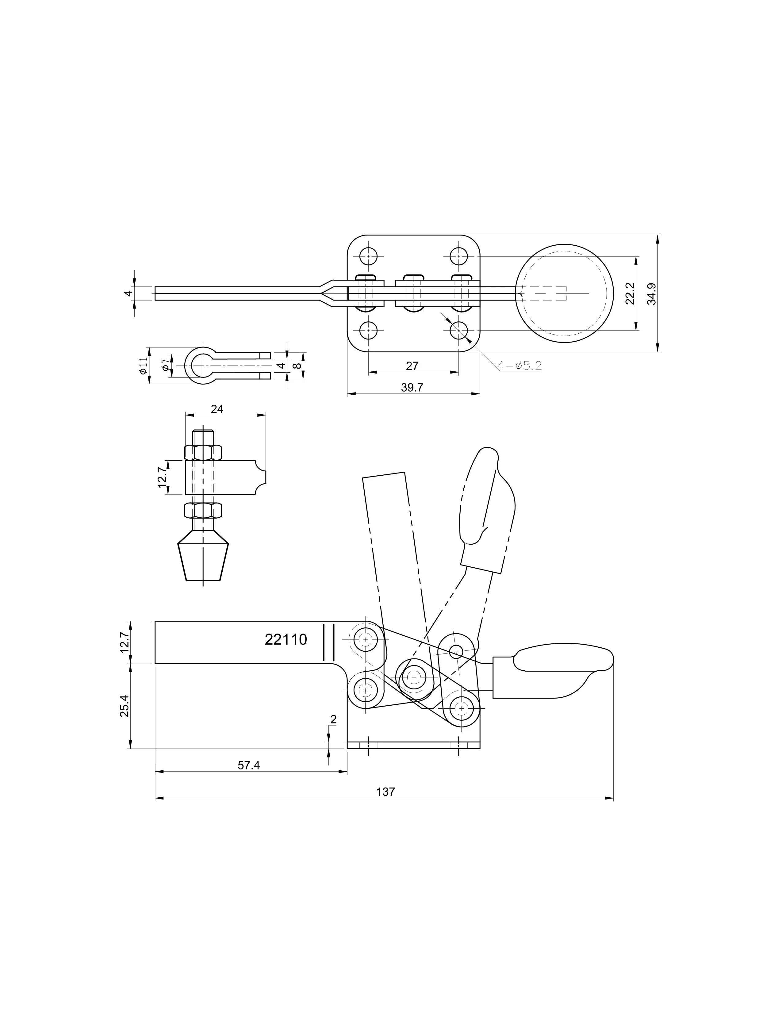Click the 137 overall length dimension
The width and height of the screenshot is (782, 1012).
coord(385,792)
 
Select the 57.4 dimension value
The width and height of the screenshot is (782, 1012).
coord(249,765)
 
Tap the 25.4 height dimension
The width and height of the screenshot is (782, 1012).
coord(125,706)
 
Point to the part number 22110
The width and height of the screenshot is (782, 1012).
coord(286,639)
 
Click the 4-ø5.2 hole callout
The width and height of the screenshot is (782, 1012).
coord(519,366)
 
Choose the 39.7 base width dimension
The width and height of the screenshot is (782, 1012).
coord(412,387)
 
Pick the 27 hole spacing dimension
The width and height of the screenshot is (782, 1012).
coord(412,366)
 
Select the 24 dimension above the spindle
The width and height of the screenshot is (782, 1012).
coord(217,409)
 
